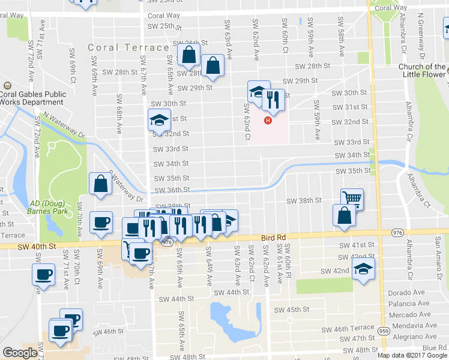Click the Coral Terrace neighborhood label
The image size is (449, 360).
128,47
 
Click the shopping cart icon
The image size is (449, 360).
352,199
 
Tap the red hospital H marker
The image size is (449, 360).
268,120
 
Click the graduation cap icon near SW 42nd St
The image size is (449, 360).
363,269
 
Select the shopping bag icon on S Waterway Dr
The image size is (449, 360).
101,184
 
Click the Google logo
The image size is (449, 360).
20,353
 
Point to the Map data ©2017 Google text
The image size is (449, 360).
412,355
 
